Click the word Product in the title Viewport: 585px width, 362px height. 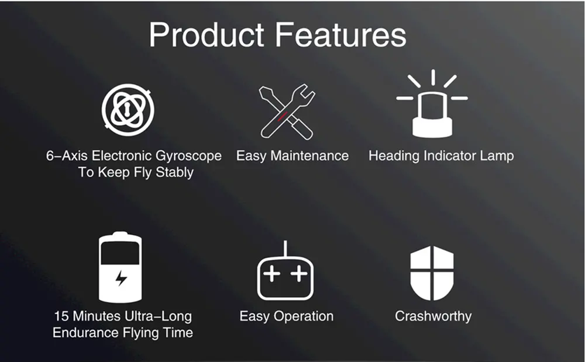tap(207, 34)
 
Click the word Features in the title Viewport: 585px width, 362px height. tap(340, 34)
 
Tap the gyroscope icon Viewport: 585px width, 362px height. tap(128, 110)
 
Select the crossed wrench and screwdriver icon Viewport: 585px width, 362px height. tap(287, 112)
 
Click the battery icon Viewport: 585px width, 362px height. tap(120, 267)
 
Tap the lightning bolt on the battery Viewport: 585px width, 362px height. tap(121, 278)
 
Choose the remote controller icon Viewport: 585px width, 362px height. tap(285, 271)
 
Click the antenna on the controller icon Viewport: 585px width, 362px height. tap(285, 248)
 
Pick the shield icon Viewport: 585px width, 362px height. tap(432, 273)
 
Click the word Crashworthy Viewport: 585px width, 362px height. tap(433, 316)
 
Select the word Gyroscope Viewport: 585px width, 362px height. tap(188, 156)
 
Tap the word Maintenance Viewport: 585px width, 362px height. tap(309, 156)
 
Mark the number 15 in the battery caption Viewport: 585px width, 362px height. tap(61, 316)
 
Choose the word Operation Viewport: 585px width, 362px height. tap(304, 316)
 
